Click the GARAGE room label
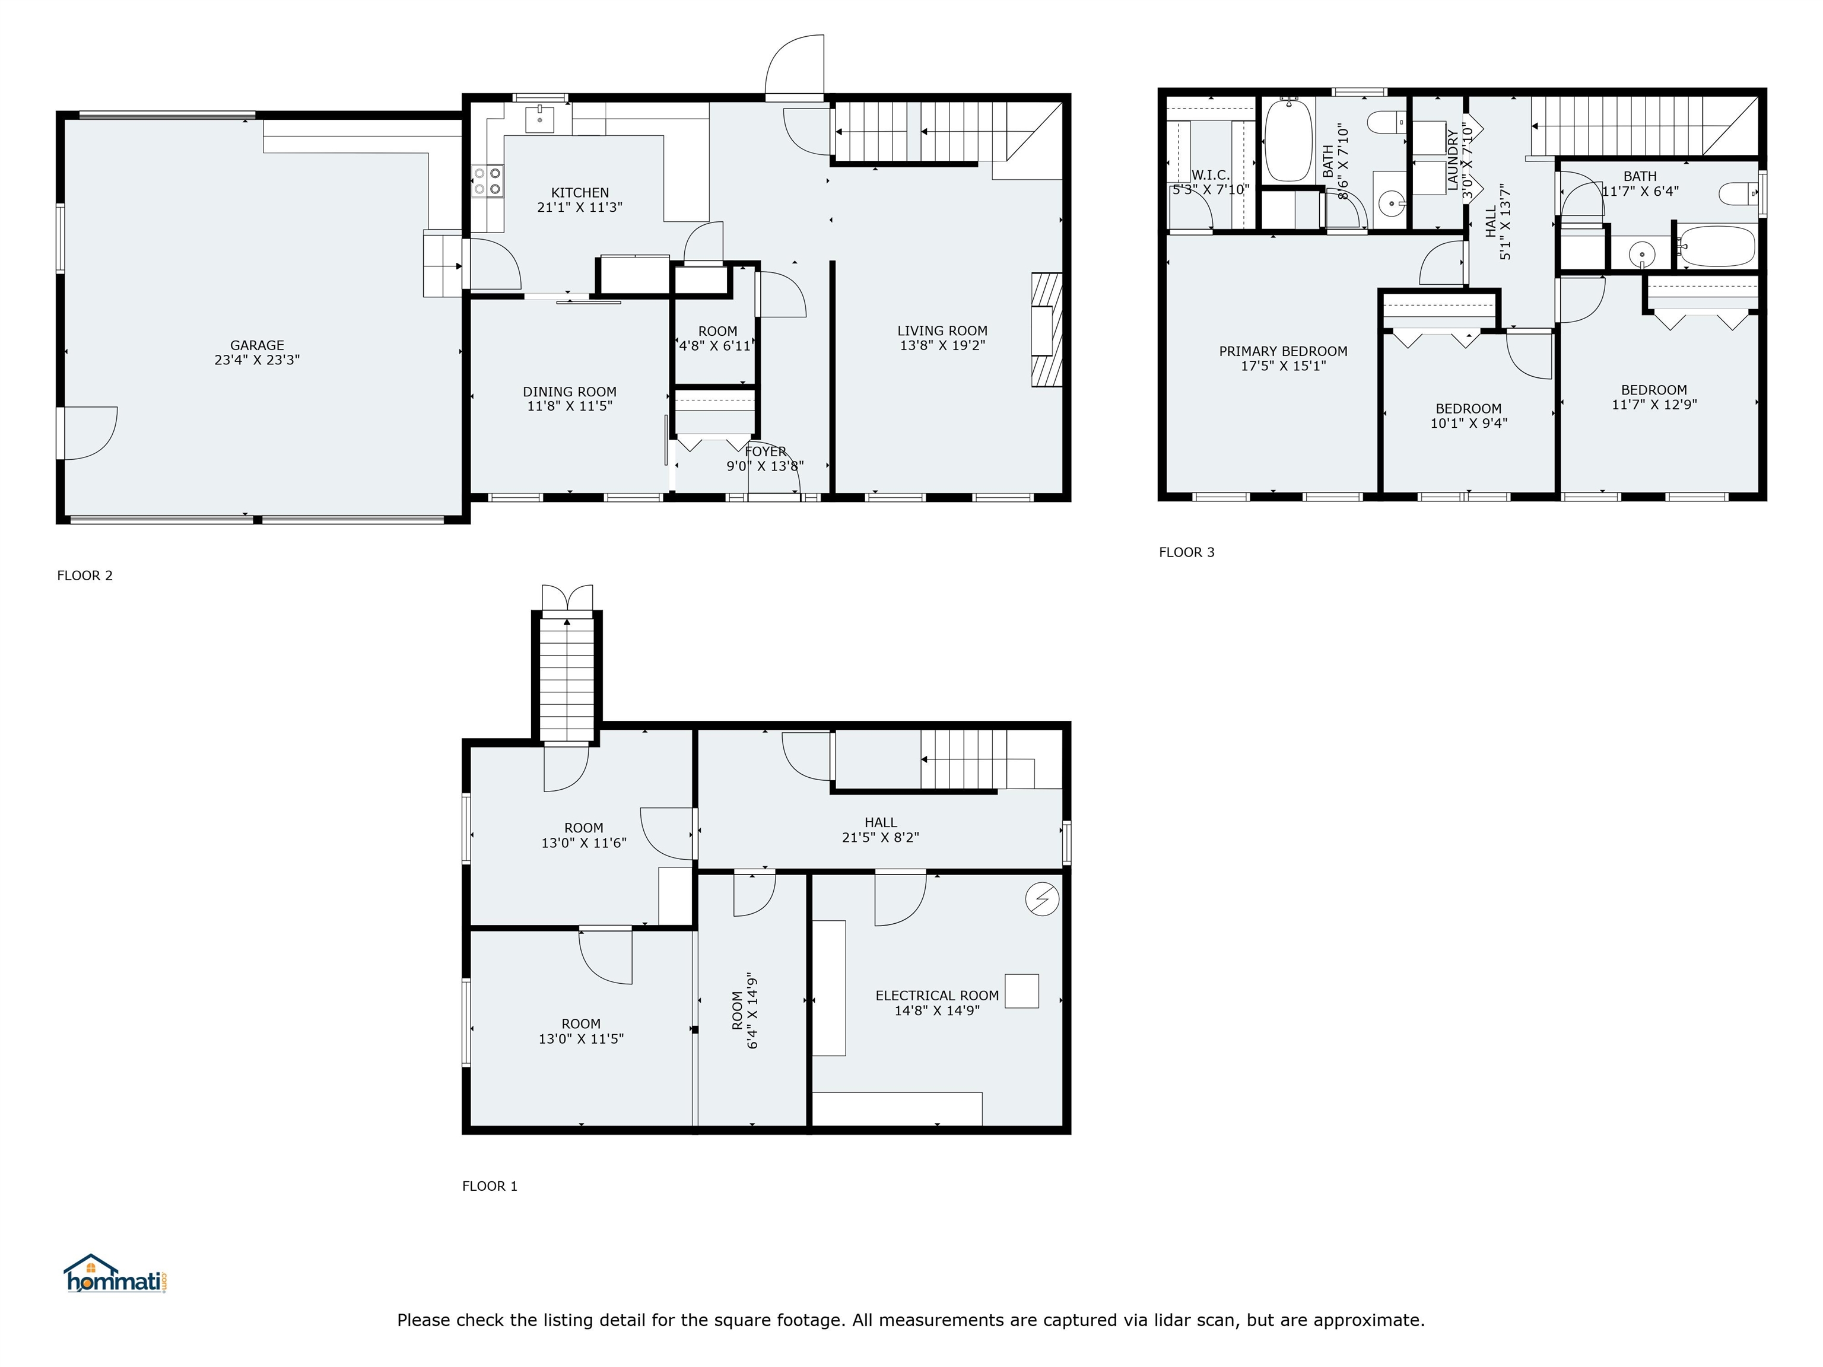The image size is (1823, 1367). [257, 345]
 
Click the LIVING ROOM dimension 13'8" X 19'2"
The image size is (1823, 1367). [942, 346]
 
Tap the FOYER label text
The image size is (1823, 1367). [766, 452]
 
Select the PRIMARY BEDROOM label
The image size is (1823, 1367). [1283, 351]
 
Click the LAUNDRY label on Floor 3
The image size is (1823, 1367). [1452, 161]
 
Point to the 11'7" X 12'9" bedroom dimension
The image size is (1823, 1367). [1654, 405]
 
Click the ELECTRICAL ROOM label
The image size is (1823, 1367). [937, 996]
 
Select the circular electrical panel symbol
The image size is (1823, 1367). [1041, 900]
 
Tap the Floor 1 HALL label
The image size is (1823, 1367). [880, 822]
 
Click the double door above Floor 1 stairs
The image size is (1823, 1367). [567, 598]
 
